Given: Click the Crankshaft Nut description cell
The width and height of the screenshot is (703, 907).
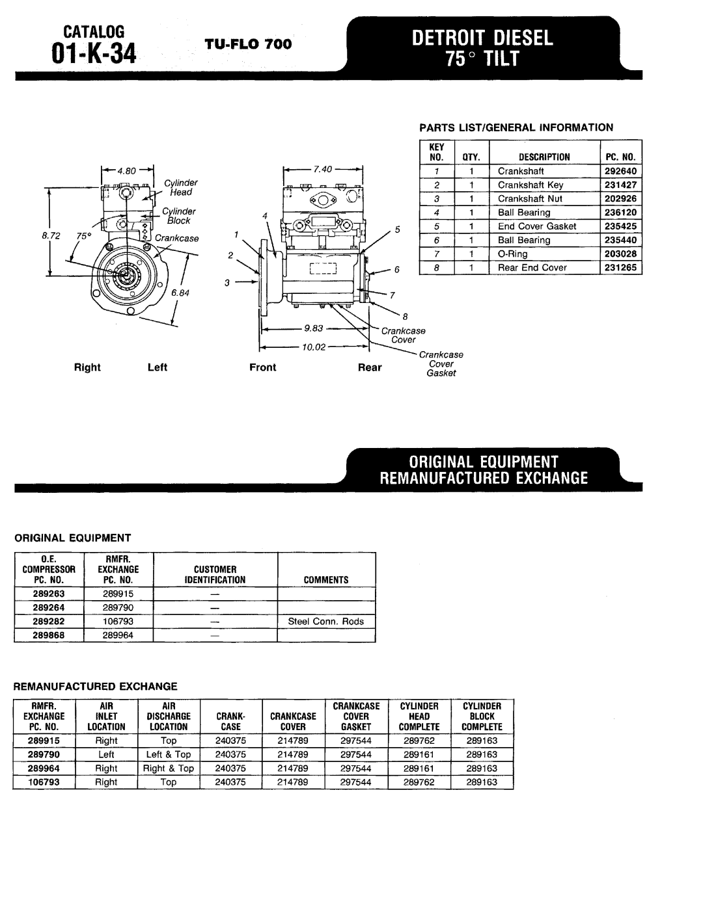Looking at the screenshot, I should click(x=530, y=199).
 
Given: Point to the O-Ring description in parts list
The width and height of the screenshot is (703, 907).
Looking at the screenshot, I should click(x=512, y=254).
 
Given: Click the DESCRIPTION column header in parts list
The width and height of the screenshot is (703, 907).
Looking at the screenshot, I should click(x=544, y=157).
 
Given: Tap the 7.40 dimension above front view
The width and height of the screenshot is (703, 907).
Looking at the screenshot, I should click(x=323, y=170).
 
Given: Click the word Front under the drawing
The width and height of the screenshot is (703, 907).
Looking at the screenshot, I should click(x=263, y=367).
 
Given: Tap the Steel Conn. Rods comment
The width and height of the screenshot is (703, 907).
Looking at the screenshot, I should click(x=326, y=622).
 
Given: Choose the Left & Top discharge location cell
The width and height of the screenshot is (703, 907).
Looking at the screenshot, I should click(x=169, y=755).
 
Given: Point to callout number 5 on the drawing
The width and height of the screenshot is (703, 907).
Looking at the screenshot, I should click(x=395, y=230).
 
